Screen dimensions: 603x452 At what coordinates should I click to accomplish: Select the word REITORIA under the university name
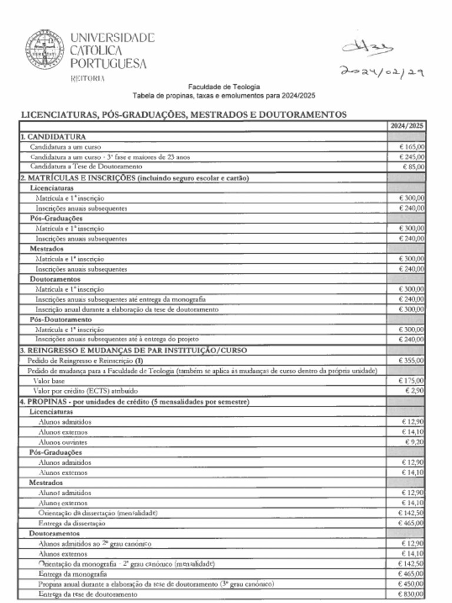(88, 78)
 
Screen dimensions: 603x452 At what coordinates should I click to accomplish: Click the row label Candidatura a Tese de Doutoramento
(86, 167)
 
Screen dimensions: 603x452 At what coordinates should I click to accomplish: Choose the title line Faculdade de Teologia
(224, 87)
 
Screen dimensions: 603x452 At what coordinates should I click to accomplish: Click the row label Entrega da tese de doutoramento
(88, 594)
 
